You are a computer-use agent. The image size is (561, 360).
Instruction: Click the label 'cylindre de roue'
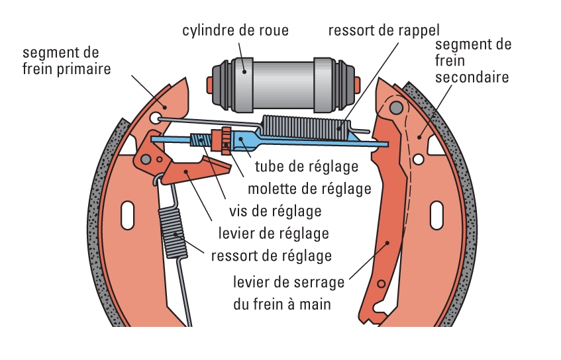pos(236,30)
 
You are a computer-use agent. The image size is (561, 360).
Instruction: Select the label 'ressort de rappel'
pos(384,30)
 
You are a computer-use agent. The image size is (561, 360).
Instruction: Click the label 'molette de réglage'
pos(309,189)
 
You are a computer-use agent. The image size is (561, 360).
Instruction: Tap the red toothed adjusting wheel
pos(227,138)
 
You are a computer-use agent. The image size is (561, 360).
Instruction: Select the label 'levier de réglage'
pos(274,233)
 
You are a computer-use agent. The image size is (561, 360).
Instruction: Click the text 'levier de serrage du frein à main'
pos(289,293)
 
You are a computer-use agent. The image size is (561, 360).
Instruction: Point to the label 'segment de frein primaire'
pos(66,60)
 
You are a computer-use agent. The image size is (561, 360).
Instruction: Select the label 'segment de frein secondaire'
pos(474,61)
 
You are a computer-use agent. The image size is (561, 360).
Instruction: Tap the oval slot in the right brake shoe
pos(436,216)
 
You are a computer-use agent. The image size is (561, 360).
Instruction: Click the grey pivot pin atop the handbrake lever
pos(395,107)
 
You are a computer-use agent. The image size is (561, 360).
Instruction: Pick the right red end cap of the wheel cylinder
pos(358,84)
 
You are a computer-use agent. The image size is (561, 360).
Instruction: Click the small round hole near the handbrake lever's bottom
pos(380,284)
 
